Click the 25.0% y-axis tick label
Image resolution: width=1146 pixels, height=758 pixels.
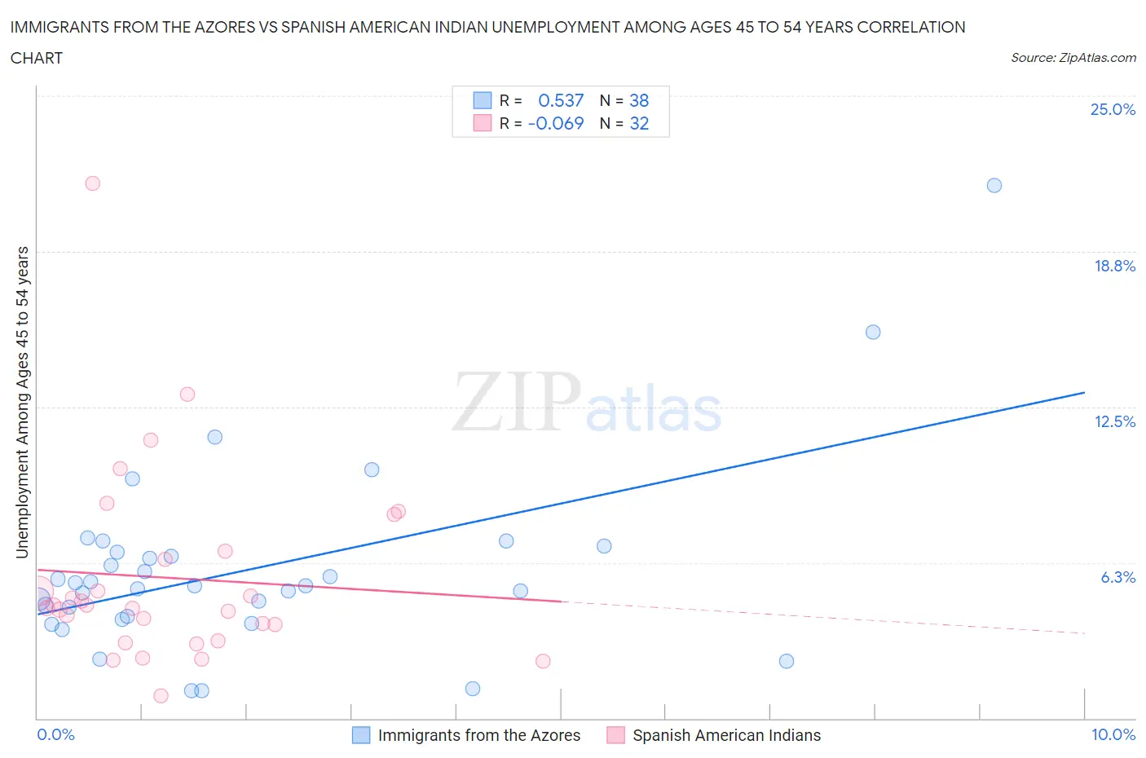[1113, 109]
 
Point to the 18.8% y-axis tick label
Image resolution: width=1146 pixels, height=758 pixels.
[1114, 266]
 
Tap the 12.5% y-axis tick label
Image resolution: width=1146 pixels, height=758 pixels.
[1114, 421]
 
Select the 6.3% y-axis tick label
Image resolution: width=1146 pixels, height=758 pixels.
[1117, 577]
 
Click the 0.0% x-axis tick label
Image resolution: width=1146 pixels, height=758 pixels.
[55, 734]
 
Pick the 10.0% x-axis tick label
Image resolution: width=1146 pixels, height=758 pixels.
[1113, 734]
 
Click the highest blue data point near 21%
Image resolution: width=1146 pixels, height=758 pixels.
[994, 185]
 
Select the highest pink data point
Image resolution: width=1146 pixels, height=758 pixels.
[93, 183]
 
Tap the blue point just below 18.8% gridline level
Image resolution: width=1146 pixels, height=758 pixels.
[873, 332]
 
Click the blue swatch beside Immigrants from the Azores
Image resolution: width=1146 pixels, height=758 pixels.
[361, 735]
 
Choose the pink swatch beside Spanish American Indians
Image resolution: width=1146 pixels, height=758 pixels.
[615, 735]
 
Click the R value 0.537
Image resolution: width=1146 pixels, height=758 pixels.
[561, 100]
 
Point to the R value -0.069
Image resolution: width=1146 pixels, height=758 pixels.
[556, 123]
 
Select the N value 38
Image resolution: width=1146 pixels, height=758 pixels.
[639, 100]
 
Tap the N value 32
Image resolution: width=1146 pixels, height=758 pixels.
[639, 123]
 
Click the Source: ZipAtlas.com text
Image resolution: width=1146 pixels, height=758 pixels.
[1073, 57]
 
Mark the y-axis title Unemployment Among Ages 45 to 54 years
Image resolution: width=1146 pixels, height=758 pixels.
[23, 402]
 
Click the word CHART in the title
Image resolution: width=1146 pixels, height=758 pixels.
[37, 58]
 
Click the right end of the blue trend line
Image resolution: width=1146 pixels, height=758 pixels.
[1084, 393]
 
